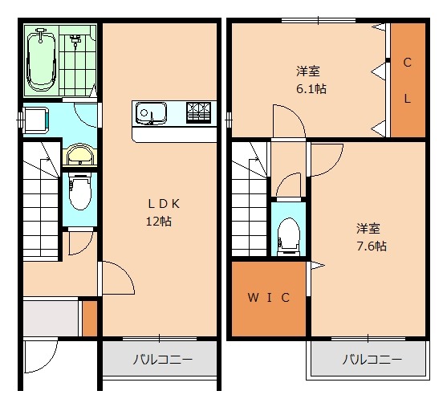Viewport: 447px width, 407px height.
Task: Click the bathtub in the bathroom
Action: pos(40,59)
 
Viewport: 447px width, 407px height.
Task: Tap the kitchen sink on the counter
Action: pos(150,112)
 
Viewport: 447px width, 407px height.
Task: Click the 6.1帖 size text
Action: pos(309,88)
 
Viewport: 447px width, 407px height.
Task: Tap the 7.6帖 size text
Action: pos(371,246)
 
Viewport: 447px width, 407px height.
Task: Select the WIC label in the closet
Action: pos(267,298)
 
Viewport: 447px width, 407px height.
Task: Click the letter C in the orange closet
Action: pos(407,63)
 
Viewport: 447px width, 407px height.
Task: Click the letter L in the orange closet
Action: pos(407,100)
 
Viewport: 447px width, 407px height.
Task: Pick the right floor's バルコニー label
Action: pos(372,360)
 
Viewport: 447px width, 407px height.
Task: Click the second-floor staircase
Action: pos(249,197)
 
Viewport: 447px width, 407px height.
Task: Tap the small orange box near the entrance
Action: pos(89,318)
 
